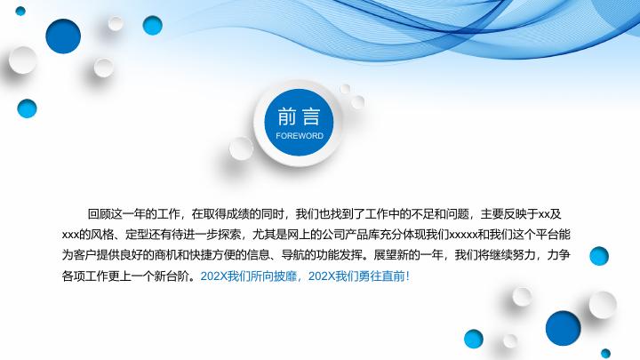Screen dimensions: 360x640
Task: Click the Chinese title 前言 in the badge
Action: pos(298,116)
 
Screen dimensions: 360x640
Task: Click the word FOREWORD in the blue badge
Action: pos(300,136)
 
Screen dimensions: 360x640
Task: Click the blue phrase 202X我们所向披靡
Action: pos(252,276)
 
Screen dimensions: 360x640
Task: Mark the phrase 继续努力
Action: pos(509,256)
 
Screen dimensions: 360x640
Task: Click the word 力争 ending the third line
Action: pos(558,256)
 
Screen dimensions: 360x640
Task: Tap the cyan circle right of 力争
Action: pos(599,256)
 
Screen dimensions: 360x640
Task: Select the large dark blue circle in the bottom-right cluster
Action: pos(564,327)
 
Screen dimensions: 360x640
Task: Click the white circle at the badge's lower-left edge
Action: pos(242,148)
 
